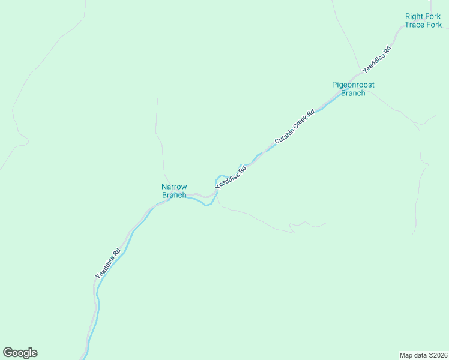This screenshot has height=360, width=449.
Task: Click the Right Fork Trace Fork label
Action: tap(423, 20)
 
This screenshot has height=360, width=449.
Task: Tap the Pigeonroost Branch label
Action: tap(353, 89)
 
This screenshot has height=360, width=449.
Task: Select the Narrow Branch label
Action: tap(174, 191)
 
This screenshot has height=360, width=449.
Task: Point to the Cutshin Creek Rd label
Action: tap(295, 126)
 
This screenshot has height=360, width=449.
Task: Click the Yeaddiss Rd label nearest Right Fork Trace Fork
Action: tap(376, 59)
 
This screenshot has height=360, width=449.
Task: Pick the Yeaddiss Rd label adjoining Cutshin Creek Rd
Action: tap(231, 178)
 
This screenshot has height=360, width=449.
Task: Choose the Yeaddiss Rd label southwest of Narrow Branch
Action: tap(108, 263)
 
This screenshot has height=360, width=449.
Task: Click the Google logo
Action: tap(20, 353)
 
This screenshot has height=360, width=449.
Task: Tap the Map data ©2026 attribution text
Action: tap(423, 355)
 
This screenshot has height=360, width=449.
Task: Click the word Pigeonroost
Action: tap(353, 85)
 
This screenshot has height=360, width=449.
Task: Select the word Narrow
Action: tap(174, 187)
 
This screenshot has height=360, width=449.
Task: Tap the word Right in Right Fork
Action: tap(414, 16)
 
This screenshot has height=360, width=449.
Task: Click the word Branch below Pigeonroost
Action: tap(353, 93)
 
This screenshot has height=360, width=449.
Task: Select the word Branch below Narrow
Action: tap(174, 195)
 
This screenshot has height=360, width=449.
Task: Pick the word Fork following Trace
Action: tap(433, 25)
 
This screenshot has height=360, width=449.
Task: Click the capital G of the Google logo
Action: tap(8, 352)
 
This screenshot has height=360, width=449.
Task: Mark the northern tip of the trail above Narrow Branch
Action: tap(157, 99)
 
